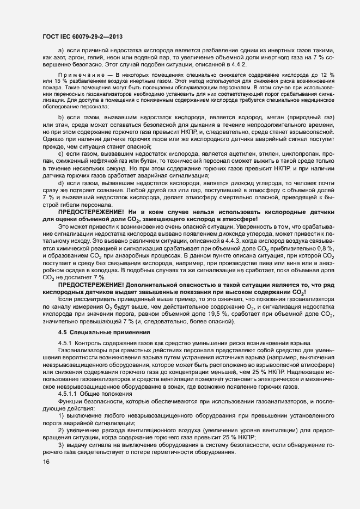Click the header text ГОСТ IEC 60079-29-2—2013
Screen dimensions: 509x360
82,36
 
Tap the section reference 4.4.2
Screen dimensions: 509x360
237,64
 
